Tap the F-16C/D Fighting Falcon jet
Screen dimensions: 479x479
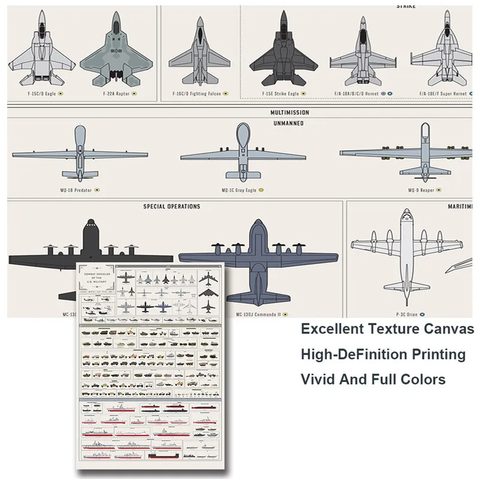click(199, 51)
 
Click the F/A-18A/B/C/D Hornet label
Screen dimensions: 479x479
click(357, 93)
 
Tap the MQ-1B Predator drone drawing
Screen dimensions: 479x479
click(80, 153)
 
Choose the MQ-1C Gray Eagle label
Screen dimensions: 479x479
click(238, 190)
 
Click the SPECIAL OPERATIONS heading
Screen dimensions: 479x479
click(172, 207)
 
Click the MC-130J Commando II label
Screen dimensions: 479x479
click(259, 313)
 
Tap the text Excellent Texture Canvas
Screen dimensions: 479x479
click(387, 329)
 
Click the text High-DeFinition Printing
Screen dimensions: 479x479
click(383, 354)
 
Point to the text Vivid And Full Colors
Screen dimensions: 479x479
click(373, 379)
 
